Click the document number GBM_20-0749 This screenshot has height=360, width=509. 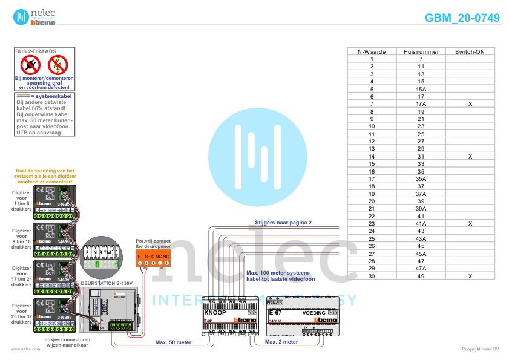[462, 18]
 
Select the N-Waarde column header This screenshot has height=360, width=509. [372, 51]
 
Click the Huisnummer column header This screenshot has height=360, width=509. [421, 51]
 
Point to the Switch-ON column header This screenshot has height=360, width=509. [470, 51]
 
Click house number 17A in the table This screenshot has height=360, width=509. [421, 104]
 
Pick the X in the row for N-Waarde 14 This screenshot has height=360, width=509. [470, 157]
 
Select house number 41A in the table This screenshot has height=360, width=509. [421, 224]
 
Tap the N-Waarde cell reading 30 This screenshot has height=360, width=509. [372, 276]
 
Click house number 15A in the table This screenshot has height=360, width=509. [421, 89]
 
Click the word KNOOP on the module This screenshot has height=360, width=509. [215, 313]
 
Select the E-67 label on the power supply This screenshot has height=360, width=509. [275, 313]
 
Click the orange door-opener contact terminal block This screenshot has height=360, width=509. [153, 258]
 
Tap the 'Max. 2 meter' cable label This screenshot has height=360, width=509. [281, 342]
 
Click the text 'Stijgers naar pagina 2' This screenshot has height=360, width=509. [283, 223]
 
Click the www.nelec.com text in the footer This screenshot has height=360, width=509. [21, 349]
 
